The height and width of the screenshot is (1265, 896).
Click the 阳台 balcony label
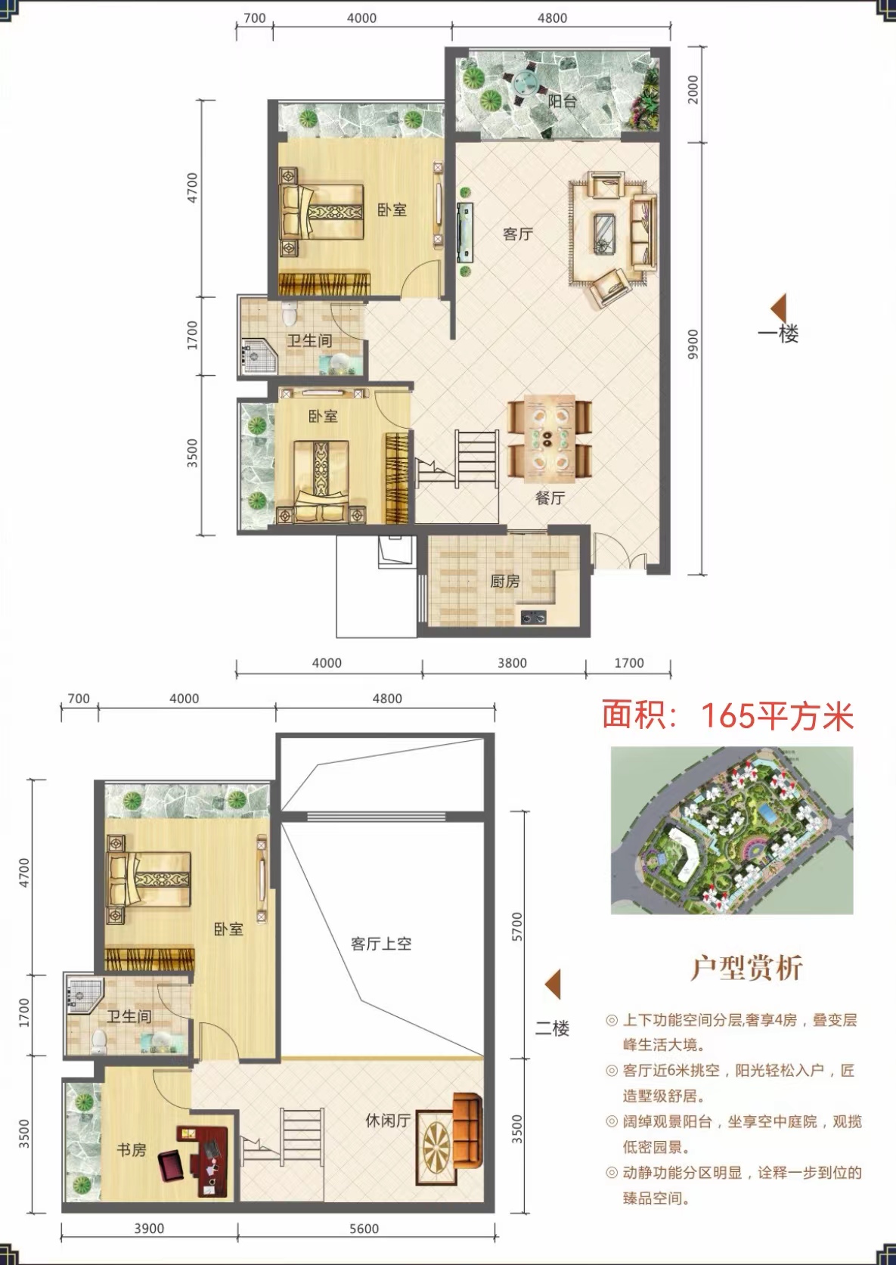[x=563, y=101]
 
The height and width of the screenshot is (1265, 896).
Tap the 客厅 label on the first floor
[x=518, y=234]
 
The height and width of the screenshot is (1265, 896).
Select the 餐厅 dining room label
[x=550, y=498]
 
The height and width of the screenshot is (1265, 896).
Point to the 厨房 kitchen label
[x=505, y=581]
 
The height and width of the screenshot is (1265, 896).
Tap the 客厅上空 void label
[x=381, y=944]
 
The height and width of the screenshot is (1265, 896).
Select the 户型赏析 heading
[x=747, y=969]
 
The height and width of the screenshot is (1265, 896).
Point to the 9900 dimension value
[x=693, y=345]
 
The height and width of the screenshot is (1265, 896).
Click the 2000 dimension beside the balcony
[x=693, y=89]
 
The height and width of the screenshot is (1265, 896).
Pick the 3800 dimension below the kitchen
[x=512, y=663]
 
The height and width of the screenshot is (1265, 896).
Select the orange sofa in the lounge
[x=468, y=1127]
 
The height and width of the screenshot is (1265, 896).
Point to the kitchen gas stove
[x=534, y=617]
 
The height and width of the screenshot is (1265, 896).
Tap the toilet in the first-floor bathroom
[x=290, y=313]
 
